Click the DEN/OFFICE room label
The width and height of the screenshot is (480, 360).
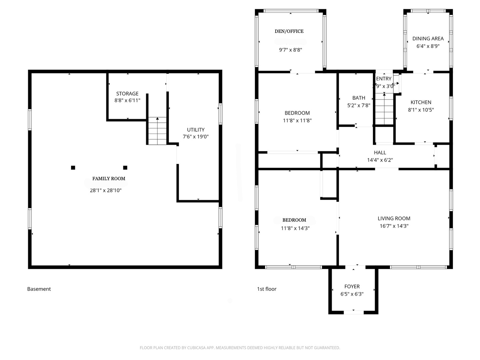[x=289, y=31]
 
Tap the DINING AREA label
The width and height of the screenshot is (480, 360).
[x=428, y=39]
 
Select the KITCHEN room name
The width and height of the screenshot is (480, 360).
[x=421, y=102]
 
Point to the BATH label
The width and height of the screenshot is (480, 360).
[x=359, y=98]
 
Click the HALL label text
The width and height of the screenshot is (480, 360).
[x=380, y=153]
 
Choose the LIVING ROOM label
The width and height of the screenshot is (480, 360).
[x=394, y=218]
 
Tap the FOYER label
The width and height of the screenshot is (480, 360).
[x=352, y=286]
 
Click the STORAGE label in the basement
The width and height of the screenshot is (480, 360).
[x=127, y=94]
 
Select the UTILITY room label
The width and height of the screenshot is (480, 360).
[x=195, y=130]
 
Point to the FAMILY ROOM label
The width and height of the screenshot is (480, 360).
[x=109, y=179]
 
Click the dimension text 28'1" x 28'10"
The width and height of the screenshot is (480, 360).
[x=106, y=190]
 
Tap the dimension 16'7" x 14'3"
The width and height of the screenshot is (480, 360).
[x=394, y=226]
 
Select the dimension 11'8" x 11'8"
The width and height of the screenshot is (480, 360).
[x=297, y=120]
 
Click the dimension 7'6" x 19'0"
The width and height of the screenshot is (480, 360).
[x=195, y=137]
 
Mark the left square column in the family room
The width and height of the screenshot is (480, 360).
[x=73, y=168]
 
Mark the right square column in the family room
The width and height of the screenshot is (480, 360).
[x=125, y=168]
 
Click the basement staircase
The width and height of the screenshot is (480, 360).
[x=157, y=131]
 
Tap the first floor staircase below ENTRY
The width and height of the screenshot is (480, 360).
[x=384, y=109]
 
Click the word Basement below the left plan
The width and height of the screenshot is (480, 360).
[x=39, y=289]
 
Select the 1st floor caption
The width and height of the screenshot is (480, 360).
[x=267, y=289]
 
